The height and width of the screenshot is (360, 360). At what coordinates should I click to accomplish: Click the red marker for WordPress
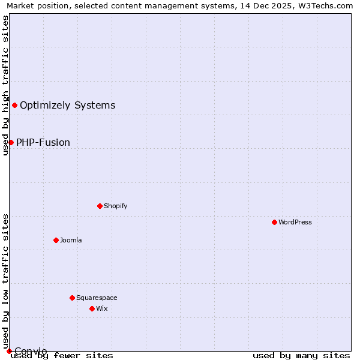tap(274, 222)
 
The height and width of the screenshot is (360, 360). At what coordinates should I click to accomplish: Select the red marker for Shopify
tap(100, 206)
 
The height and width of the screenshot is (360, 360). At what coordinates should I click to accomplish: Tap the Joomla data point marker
tap(56, 240)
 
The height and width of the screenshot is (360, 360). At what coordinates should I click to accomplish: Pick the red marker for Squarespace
tap(72, 298)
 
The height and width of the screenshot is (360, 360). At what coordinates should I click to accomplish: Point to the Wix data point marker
tap(92, 308)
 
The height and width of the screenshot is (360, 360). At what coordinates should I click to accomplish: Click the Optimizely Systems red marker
tap(14, 105)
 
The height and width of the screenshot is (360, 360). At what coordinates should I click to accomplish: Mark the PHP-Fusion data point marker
tap(11, 142)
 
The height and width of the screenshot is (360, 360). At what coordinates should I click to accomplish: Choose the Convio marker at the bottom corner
tap(9, 351)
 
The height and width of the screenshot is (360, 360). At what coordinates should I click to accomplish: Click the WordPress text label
tap(295, 222)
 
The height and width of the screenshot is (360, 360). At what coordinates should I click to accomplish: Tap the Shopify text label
tap(116, 206)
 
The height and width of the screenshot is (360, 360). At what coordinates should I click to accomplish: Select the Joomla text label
tap(71, 240)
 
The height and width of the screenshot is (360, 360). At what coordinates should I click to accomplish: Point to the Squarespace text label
tap(97, 298)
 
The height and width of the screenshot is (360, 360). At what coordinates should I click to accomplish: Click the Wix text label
tap(102, 308)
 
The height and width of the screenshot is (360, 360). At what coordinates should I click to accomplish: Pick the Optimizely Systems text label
tap(68, 105)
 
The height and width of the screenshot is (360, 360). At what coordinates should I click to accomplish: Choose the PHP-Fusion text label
tap(43, 142)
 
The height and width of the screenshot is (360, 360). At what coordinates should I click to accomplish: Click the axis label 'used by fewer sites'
tap(62, 355)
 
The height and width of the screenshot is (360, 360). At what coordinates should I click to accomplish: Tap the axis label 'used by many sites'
tap(301, 355)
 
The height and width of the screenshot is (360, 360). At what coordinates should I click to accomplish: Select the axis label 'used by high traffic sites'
tap(5, 85)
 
